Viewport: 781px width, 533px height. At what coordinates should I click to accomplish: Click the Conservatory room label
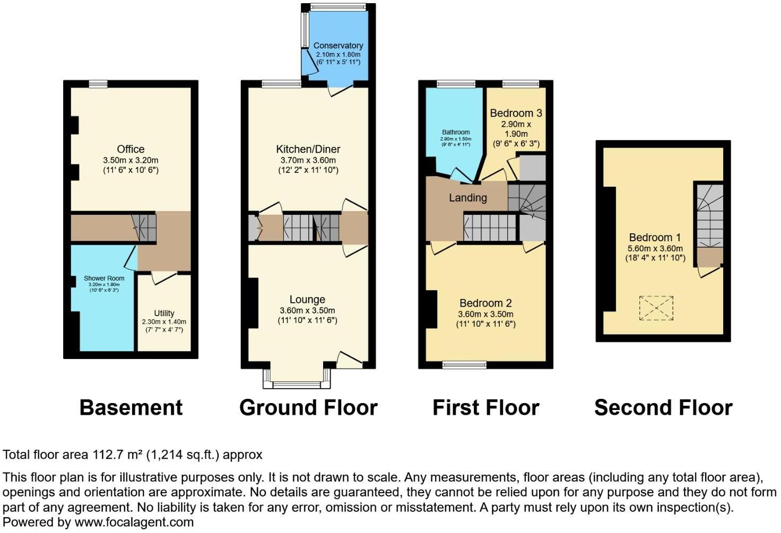pos(338,46)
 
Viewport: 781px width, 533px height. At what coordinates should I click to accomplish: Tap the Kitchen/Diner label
pos(308,149)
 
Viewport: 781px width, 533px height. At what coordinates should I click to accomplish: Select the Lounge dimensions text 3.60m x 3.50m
pos(307,310)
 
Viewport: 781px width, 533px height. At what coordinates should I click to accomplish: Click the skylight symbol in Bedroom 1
pos(656,308)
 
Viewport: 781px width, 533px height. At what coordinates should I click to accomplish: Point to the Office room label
pos(131,149)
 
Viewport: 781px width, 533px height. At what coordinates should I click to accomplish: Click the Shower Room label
pos(104,278)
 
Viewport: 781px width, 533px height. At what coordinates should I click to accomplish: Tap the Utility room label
pos(164,313)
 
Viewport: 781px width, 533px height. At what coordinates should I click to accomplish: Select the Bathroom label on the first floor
pos(456,132)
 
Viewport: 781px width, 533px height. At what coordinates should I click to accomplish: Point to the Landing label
pos(467,198)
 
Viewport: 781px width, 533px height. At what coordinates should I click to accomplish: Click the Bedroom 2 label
pos(485,303)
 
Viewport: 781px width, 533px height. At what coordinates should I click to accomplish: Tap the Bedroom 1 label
pos(655,237)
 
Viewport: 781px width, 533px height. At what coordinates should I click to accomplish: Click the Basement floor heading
pos(131,407)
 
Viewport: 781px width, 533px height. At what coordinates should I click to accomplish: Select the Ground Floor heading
pos(308,407)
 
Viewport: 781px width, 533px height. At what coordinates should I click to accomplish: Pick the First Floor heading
pos(485,407)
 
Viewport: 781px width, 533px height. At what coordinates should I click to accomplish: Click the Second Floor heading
pos(663,407)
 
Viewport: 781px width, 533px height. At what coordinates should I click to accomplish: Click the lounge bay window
pos(297,383)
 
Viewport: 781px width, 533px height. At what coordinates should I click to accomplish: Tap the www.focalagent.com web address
pos(134,522)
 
